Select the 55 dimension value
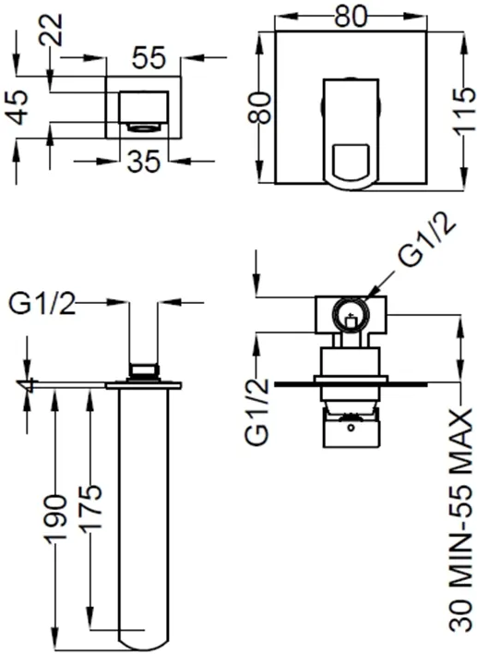(149, 58)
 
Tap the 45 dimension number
(18, 107)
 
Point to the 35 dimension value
(143, 162)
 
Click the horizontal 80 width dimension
(351, 17)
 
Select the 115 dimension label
(464, 112)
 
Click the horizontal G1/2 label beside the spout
(42, 304)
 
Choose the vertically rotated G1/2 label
(258, 412)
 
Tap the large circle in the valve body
(351, 315)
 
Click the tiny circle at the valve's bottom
(351, 428)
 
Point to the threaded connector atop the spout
(144, 370)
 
